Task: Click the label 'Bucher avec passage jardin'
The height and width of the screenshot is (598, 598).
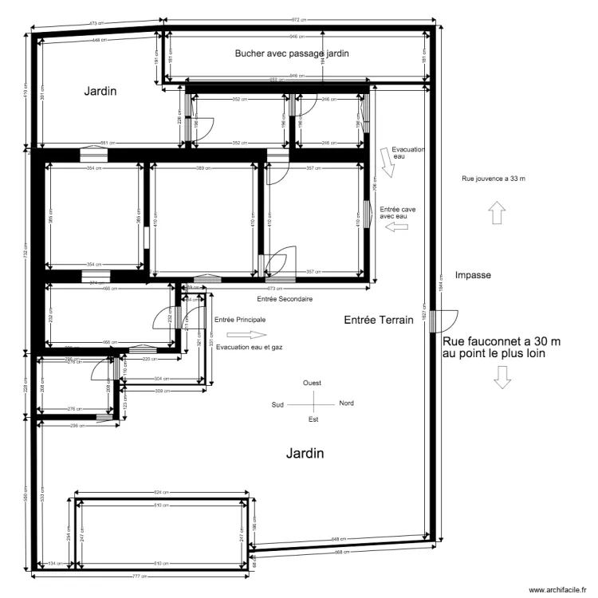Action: click(x=293, y=53)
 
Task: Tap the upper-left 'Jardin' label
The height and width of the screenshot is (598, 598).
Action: click(x=100, y=92)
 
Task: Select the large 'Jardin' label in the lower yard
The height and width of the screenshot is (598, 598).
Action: click(x=305, y=454)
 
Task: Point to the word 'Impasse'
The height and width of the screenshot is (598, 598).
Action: click(x=472, y=275)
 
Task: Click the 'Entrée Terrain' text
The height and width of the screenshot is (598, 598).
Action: click(x=378, y=320)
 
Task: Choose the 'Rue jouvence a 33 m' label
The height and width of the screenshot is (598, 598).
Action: click(x=494, y=178)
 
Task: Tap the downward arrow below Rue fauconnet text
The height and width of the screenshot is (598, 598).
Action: click(x=502, y=377)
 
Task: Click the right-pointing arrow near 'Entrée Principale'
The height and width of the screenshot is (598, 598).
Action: click(x=238, y=335)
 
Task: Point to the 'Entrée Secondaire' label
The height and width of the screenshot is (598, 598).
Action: click(x=284, y=299)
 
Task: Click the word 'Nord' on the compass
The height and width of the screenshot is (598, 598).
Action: click(x=347, y=403)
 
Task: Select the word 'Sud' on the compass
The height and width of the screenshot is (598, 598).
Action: click(x=278, y=403)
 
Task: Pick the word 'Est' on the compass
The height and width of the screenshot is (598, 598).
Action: click(x=313, y=419)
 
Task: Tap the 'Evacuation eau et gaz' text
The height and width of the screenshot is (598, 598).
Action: click(x=250, y=348)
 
